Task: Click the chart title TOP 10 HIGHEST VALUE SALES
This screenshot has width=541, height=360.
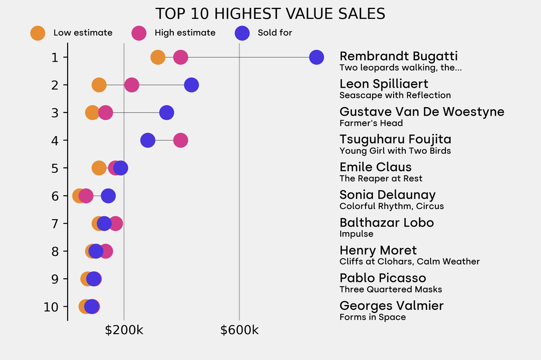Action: (270, 13)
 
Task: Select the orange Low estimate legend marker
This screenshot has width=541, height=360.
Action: (38, 33)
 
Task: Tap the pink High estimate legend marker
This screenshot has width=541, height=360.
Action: (139, 33)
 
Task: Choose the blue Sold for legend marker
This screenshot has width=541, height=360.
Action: (241, 33)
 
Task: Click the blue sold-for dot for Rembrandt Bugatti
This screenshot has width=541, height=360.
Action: (316, 57)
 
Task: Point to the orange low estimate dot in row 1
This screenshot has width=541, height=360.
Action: (157, 57)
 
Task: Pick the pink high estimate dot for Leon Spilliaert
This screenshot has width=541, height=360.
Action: (132, 84)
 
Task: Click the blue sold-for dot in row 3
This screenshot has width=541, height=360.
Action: (166, 112)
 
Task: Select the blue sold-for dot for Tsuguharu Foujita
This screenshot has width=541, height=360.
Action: (147, 140)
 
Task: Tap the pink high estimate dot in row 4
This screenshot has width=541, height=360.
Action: (181, 140)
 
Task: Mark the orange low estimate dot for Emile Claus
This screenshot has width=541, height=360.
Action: (99, 168)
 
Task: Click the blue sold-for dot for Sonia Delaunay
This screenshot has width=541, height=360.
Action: (108, 196)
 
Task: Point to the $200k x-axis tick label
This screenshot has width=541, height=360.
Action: (124, 331)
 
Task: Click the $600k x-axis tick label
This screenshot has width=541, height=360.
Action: (239, 331)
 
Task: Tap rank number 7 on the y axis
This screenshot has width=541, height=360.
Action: (55, 223)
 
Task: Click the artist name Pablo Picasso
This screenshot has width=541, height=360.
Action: (383, 278)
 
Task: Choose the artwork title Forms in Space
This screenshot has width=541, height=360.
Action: (372, 317)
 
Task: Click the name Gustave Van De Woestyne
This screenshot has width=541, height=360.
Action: (422, 112)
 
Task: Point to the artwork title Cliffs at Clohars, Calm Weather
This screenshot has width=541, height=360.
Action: (409, 262)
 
